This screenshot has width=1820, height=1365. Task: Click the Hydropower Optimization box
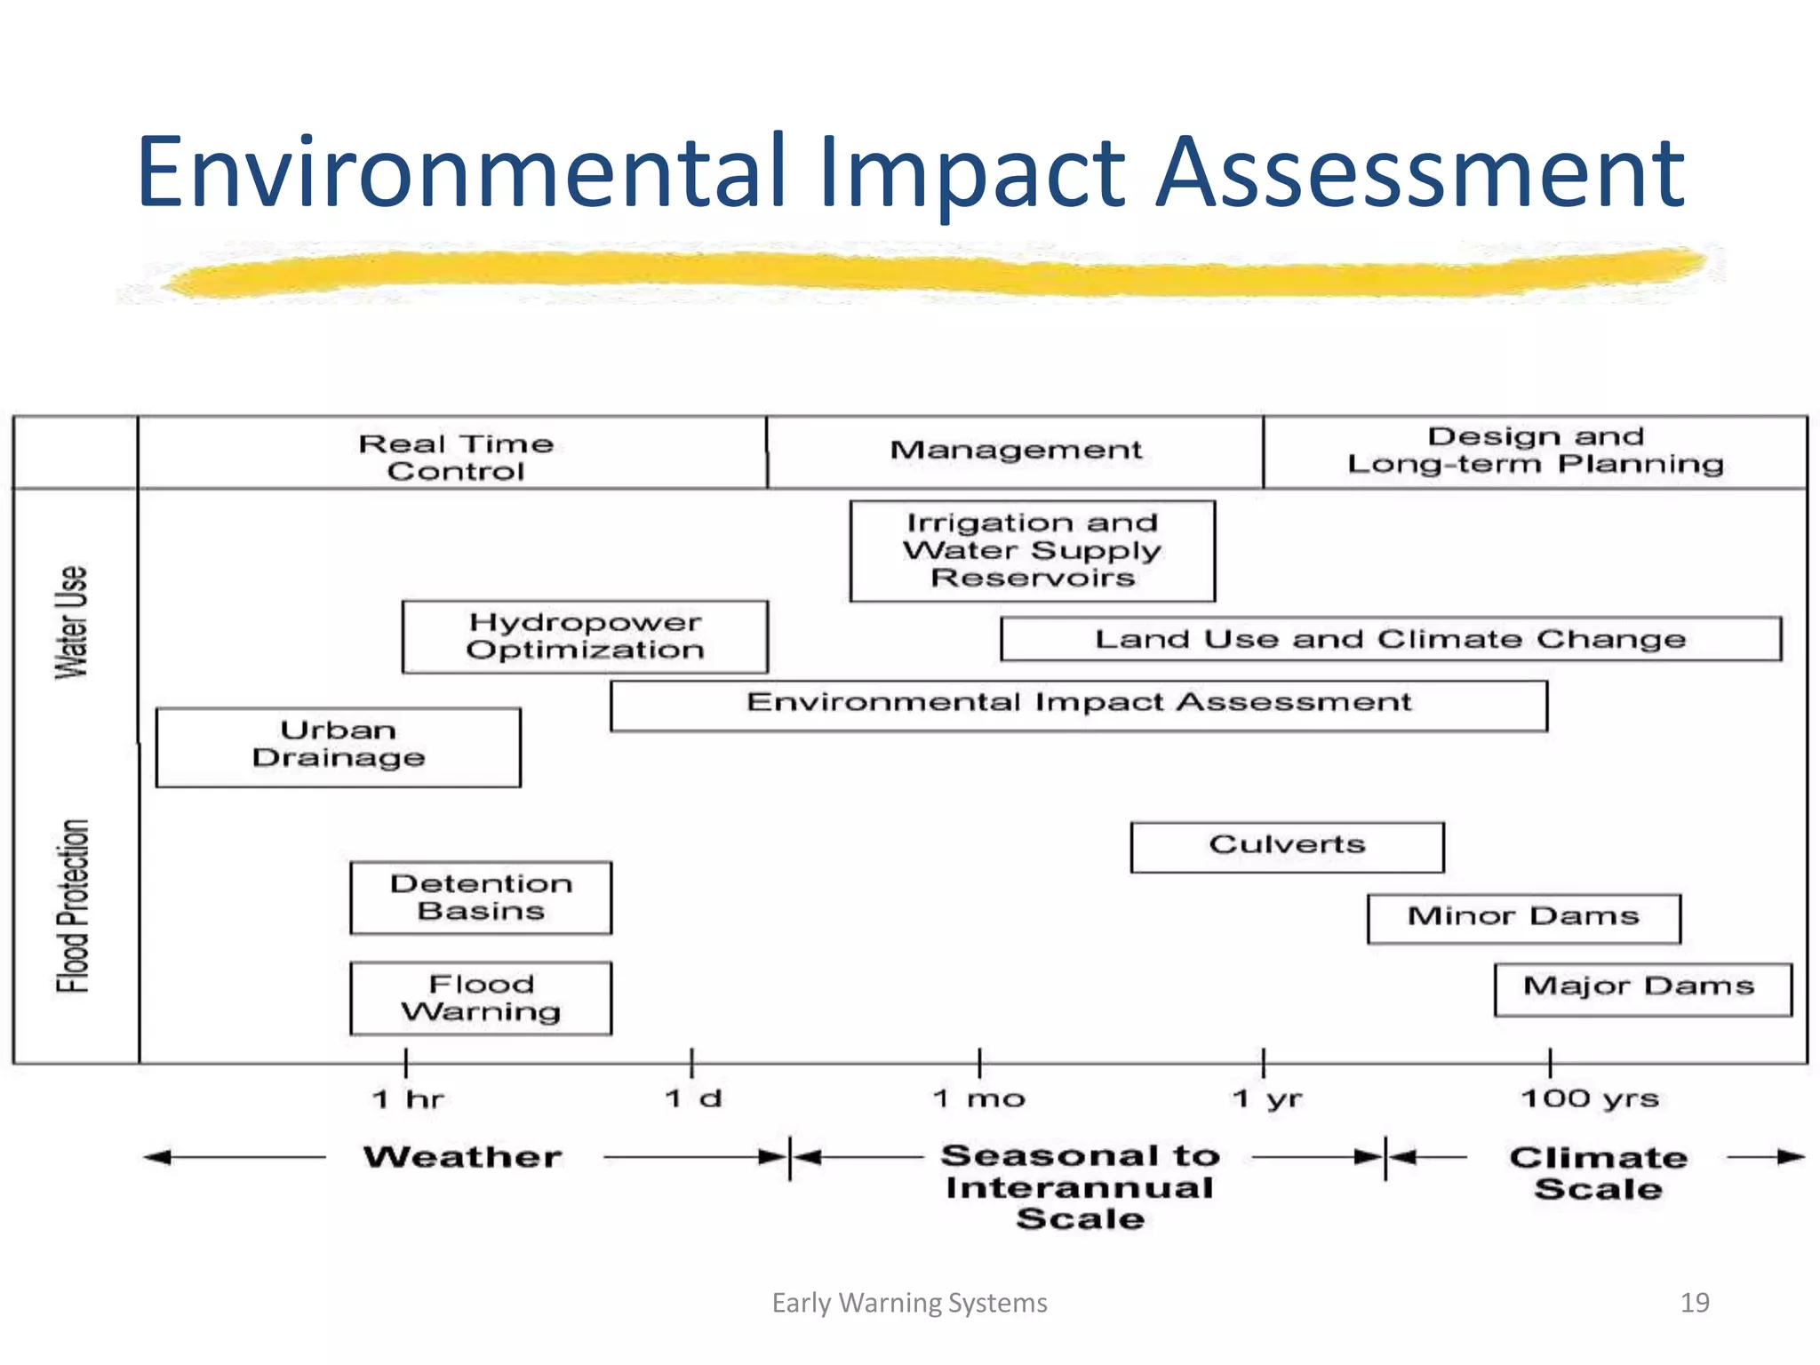585,636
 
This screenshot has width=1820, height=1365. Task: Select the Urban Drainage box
339,746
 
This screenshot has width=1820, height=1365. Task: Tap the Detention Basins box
481,898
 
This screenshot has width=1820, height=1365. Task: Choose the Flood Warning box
481,998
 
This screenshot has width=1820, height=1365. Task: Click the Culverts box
1287,847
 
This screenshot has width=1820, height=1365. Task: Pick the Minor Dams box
1523,918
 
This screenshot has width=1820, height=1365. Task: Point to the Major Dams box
1641,988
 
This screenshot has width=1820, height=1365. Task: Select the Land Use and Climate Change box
1390,639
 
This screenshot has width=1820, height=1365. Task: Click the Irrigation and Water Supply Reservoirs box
1032,551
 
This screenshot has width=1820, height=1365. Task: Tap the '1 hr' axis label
408,1099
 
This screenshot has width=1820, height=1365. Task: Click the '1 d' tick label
693,1099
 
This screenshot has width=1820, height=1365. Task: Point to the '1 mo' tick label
979,1099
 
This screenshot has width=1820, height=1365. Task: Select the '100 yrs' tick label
1590,1099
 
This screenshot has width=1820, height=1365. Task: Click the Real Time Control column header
455,457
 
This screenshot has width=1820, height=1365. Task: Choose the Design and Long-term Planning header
1535,451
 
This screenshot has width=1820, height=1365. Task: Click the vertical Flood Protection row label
73,905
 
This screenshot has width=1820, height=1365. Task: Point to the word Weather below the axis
463,1157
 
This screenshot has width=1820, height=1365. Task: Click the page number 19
1695,1303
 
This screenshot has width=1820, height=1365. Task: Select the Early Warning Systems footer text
909,1303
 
